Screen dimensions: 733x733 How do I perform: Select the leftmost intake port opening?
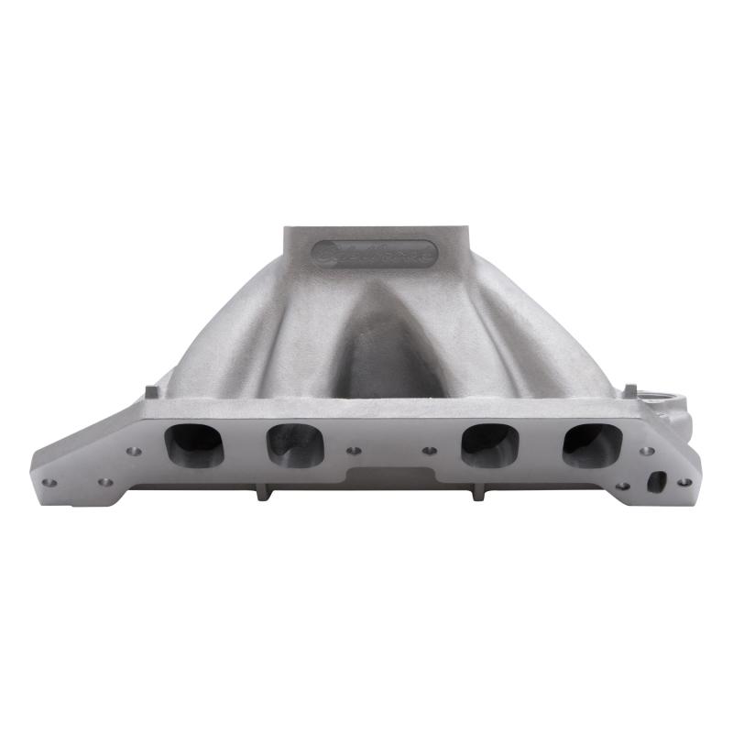click(193, 443)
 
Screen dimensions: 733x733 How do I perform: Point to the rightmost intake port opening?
click(592, 443)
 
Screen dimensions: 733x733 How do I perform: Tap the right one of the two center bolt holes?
click(428, 451)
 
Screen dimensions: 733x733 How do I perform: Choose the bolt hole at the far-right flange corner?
click(682, 481)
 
